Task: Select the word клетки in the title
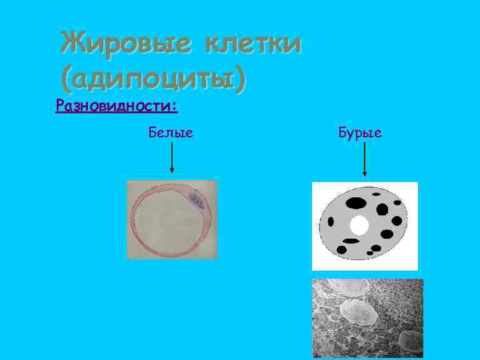tap(253, 44)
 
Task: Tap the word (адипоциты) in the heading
tap(152, 81)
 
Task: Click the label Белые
tap(171, 133)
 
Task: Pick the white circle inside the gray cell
tap(359, 226)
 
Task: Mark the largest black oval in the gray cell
tap(357, 202)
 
